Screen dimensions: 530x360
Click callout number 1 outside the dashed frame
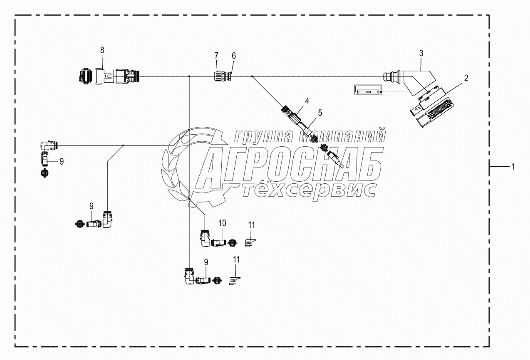tap(513, 166)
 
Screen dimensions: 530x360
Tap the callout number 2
tap(466, 78)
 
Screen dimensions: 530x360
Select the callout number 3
tap(421, 53)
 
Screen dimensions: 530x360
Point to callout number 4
tap(307, 100)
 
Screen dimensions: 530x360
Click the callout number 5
tap(319, 112)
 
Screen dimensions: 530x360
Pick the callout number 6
tap(233, 56)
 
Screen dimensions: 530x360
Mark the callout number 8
tap(102, 50)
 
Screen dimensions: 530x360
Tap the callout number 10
tap(222, 223)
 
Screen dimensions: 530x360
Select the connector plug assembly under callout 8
tap(109, 76)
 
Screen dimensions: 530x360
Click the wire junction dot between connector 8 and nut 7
tap(189, 76)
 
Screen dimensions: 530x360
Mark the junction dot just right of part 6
tap(252, 76)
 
